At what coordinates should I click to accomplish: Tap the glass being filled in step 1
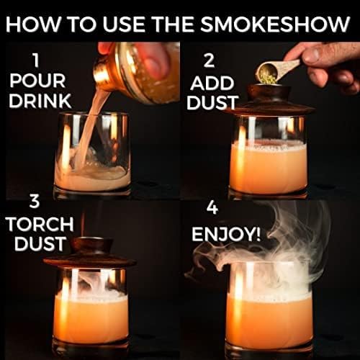click(92, 155)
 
